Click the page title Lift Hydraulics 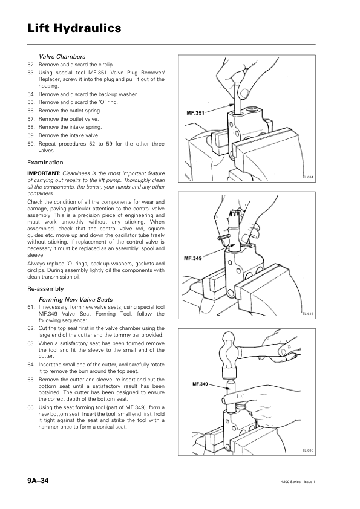(74, 28)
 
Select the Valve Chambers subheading (62, 56)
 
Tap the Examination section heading (45, 162)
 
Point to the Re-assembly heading (45, 288)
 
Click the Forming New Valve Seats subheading (76, 300)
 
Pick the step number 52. (31, 65)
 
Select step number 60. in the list (31, 144)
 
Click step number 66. (31, 407)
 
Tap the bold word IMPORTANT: (44, 173)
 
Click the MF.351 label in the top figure (195, 113)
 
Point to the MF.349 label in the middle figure (192, 258)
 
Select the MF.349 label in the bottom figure (200, 384)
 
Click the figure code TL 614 (308, 177)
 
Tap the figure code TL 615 (308, 314)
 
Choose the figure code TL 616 (308, 450)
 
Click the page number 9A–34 (38, 481)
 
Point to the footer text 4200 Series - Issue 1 (298, 482)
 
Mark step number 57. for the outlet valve (31, 119)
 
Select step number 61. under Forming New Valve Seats (31, 307)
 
